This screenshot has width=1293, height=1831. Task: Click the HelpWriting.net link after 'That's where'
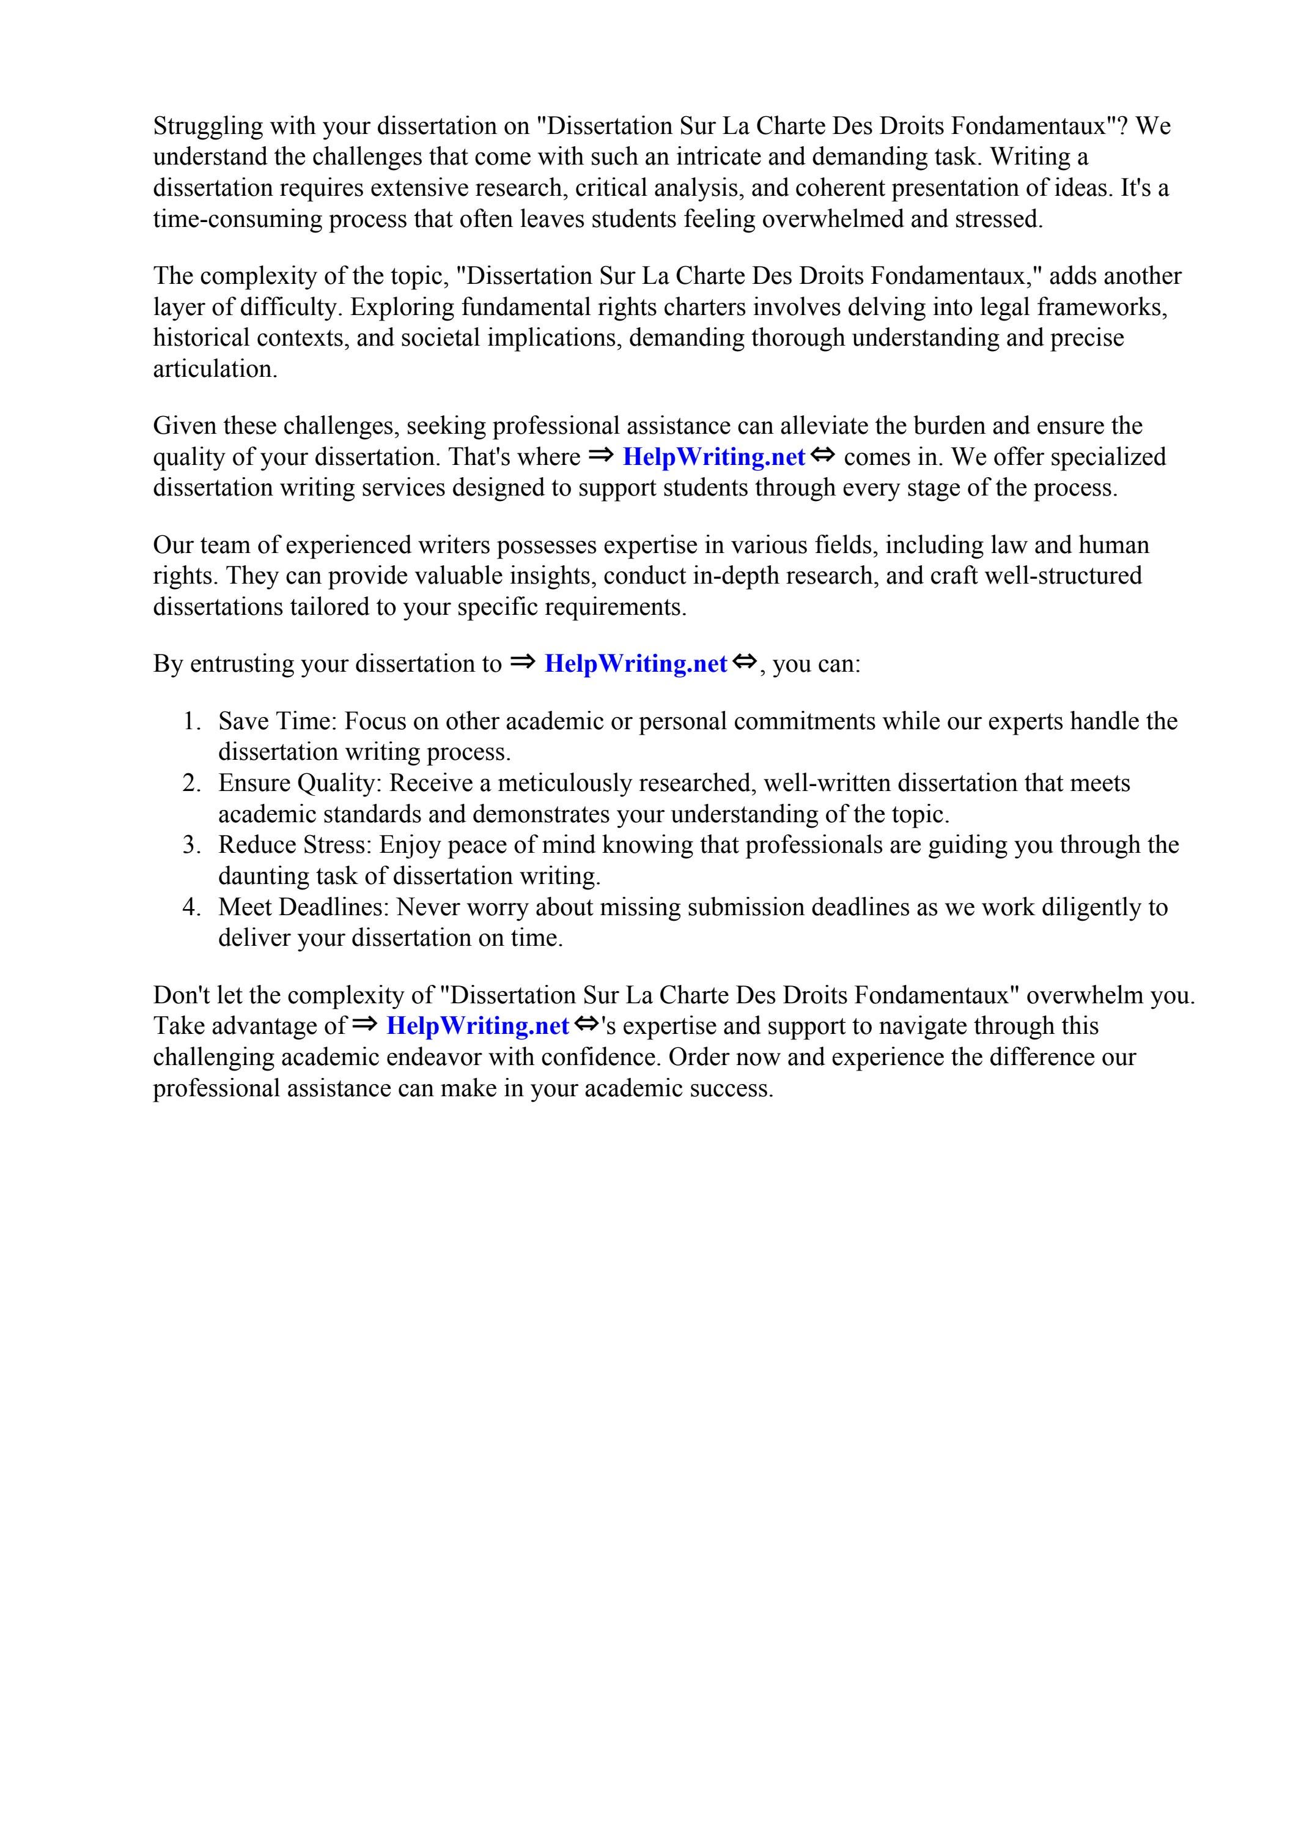[713, 457]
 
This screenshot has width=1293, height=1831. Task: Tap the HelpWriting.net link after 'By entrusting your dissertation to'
[635, 664]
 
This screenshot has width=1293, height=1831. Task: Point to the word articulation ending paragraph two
[215, 370]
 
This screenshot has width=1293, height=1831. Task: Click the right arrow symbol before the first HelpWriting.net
[600, 455]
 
